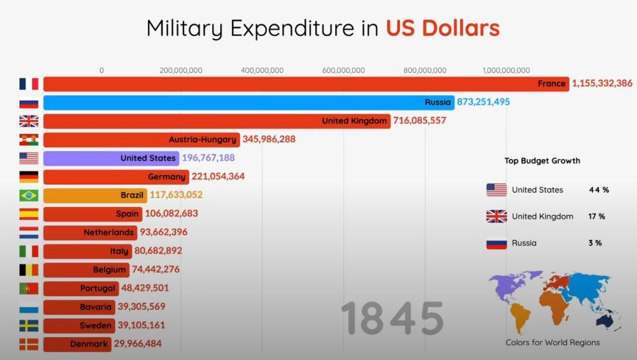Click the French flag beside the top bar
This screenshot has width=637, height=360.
pos(29,84)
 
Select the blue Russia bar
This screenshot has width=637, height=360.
pos(249,103)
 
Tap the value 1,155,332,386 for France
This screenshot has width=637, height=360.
pos(602,83)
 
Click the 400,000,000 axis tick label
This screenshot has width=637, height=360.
pos(262,70)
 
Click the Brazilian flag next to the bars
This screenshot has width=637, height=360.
pos(29,195)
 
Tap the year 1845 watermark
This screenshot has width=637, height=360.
pos(393,318)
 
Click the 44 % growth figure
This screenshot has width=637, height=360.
pos(598,190)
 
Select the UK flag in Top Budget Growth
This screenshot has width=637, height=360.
pos(496,216)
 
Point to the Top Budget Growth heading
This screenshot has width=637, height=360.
pos(542,160)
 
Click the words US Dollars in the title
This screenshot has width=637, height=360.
pos(442,28)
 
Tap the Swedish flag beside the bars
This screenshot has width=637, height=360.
pos(29,325)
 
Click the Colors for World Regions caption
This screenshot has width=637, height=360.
pos(552,343)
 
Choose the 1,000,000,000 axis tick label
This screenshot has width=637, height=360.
pos(506,70)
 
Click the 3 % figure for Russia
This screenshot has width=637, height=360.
pos(595,243)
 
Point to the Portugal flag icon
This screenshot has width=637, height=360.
pos(29,288)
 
